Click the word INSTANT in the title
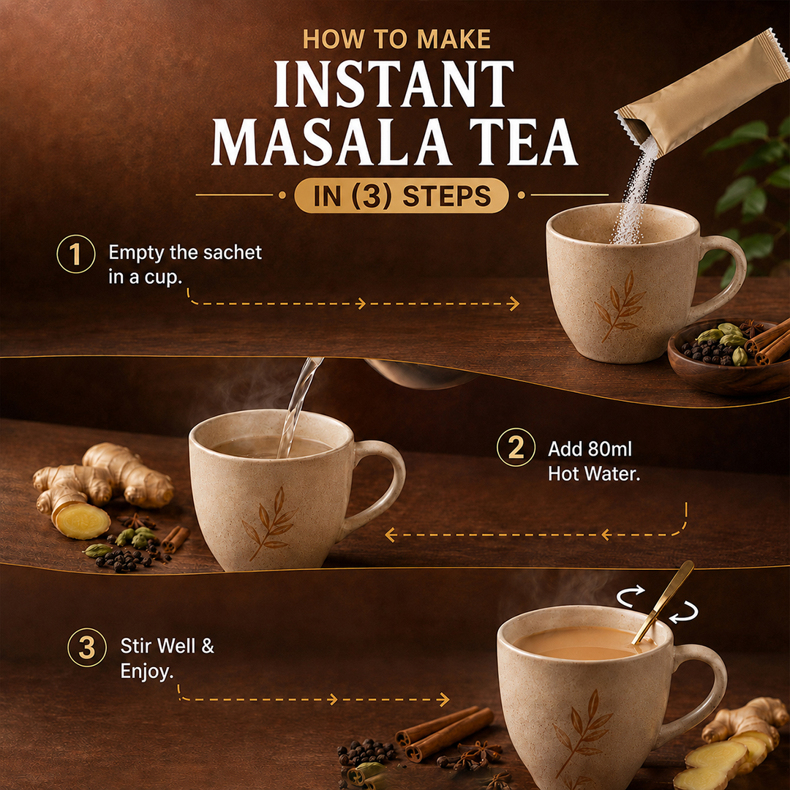(394, 83)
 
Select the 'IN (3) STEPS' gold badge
(401, 195)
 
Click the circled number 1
(75, 254)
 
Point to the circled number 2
(516, 447)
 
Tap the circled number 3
(87, 647)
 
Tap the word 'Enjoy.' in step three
(146, 671)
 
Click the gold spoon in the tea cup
(663, 602)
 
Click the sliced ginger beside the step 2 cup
(82, 521)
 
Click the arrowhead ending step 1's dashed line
(514, 304)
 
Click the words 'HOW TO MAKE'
(396, 39)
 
